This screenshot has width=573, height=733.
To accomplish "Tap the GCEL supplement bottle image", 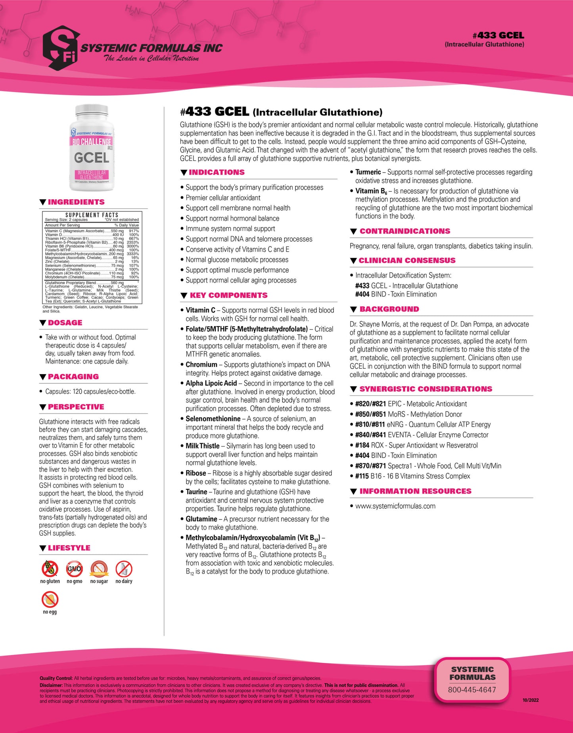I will click(x=92, y=147).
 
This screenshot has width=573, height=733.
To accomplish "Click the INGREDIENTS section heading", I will click(x=76, y=202).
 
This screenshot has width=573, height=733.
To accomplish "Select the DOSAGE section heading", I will click(x=65, y=323).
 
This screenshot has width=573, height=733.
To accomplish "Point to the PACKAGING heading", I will click(x=73, y=377).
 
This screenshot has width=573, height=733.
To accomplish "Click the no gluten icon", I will click(x=50, y=569).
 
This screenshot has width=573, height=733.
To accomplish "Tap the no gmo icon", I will click(x=75, y=569).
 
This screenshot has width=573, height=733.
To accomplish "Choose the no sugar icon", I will click(x=99, y=569).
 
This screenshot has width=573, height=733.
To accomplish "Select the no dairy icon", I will click(x=124, y=569).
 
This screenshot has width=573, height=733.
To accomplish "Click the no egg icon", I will click(x=50, y=600).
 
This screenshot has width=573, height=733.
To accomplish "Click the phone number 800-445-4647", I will click(x=472, y=690).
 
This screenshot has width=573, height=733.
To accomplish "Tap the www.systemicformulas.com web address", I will click(x=395, y=506).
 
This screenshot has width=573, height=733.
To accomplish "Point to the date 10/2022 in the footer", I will click(x=531, y=700).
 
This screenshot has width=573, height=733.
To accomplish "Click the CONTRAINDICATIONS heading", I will click(x=404, y=231).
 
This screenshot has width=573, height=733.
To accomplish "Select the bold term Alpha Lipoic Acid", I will click(x=211, y=383).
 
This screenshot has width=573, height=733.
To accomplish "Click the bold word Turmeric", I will click(x=368, y=172).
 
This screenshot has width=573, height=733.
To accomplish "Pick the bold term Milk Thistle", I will click(x=203, y=446).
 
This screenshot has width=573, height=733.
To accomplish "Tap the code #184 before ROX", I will click(x=362, y=445).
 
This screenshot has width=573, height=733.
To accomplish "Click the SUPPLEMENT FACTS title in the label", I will click(x=92, y=215).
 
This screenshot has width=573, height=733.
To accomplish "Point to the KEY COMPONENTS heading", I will click(x=228, y=295).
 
